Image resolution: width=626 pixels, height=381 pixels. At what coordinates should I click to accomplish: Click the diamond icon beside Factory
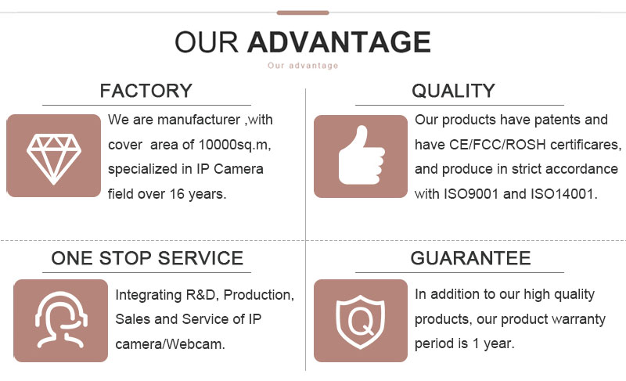(x=54, y=159)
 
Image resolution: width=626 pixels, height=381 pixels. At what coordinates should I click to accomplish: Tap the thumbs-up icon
(x=362, y=155)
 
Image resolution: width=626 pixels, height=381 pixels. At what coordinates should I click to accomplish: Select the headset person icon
(x=61, y=320)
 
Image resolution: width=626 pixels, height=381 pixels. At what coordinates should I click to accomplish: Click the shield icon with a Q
(x=361, y=322)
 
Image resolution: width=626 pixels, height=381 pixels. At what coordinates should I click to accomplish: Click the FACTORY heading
(x=146, y=91)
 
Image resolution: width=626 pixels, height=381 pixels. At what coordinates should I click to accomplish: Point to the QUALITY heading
(x=454, y=91)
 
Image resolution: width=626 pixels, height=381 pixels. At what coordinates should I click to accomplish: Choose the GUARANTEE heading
(x=471, y=258)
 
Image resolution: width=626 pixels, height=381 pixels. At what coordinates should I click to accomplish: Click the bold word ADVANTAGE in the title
(x=339, y=42)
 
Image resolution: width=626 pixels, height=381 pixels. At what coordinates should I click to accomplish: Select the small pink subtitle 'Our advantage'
(x=303, y=66)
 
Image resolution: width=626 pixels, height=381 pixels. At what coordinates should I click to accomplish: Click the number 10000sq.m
(x=235, y=145)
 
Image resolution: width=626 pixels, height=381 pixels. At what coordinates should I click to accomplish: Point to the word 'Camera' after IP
(x=239, y=169)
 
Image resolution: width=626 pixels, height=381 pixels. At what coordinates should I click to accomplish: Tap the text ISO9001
(x=472, y=194)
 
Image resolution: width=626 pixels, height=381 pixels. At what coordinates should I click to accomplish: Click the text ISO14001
(x=563, y=194)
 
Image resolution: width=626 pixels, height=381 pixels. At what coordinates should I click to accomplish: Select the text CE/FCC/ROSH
(x=498, y=145)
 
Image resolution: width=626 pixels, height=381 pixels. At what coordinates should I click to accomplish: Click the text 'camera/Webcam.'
(x=171, y=344)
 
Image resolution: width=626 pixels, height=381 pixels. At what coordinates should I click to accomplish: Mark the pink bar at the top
(x=303, y=13)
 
